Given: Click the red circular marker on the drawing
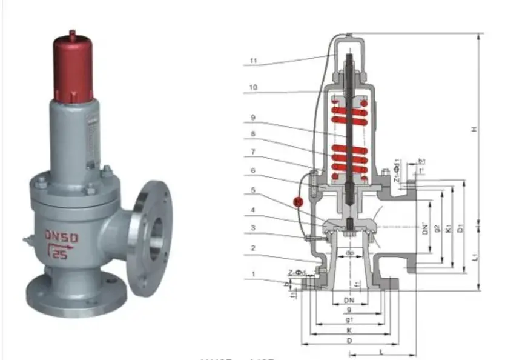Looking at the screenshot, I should click(x=297, y=202).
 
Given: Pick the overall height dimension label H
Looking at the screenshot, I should click(x=475, y=128).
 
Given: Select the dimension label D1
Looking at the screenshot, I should click(x=461, y=228).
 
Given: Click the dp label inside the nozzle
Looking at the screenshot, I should click(x=349, y=253).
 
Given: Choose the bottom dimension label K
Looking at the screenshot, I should click(x=349, y=330).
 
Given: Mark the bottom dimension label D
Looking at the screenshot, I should click(x=349, y=342).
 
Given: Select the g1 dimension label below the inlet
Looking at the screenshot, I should click(x=349, y=319).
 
